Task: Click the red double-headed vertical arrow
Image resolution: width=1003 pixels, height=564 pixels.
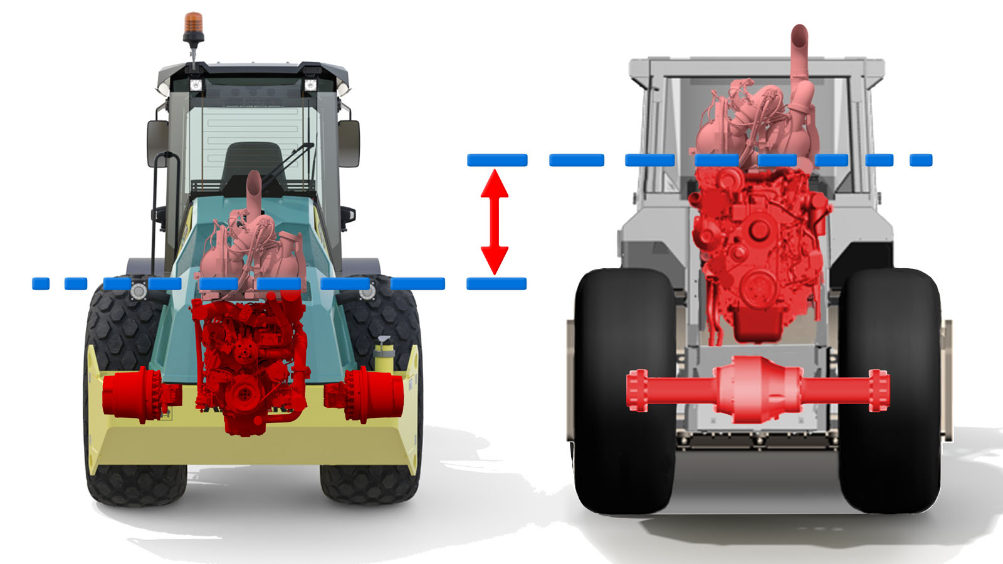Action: [494, 222]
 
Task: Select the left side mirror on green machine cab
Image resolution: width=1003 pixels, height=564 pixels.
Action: [157, 144]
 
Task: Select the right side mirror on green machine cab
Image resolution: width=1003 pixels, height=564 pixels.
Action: [349, 144]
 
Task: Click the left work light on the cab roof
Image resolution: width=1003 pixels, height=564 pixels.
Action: [196, 85]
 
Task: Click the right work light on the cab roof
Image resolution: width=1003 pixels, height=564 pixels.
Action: [310, 85]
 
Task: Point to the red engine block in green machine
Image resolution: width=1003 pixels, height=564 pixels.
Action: [251, 363]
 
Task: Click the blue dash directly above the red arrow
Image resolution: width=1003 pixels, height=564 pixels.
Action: [497, 160]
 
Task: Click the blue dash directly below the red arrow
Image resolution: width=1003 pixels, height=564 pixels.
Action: [496, 284]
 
